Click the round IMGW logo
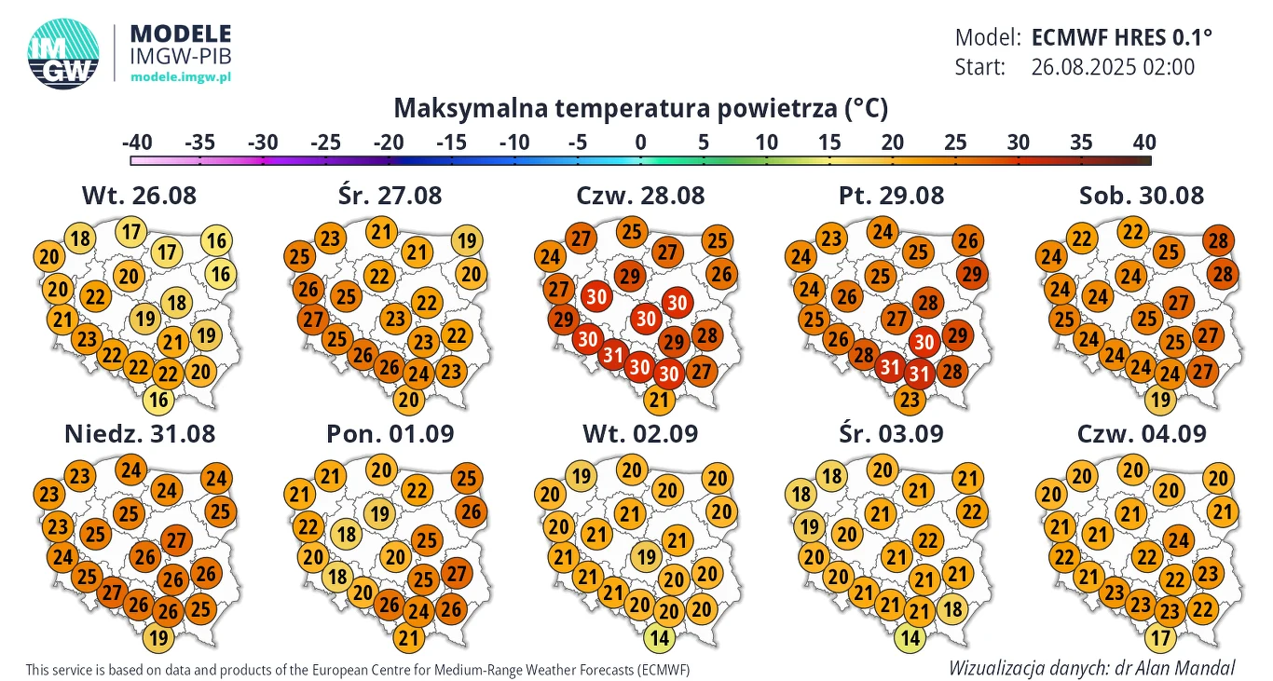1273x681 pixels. click(63, 55)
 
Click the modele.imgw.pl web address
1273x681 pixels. click(180, 76)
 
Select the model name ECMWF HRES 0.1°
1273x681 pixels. click(1122, 38)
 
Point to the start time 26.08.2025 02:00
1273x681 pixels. click(1113, 67)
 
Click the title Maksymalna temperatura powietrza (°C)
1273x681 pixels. click(640, 108)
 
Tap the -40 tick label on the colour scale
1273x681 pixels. click(137, 143)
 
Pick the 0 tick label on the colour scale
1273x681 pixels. click(640, 143)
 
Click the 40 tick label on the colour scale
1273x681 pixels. click(1143, 143)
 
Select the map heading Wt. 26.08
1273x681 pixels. click(139, 196)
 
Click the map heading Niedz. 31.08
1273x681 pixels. click(139, 433)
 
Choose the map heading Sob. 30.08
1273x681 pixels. click(1142, 196)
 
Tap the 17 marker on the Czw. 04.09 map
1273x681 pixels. click(1159, 638)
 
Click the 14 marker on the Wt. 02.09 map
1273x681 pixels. click(659, 638)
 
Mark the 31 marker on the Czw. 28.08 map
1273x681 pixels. click(612, 354)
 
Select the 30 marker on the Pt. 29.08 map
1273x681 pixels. click(924, 342)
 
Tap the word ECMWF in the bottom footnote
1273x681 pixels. click(662, 670)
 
